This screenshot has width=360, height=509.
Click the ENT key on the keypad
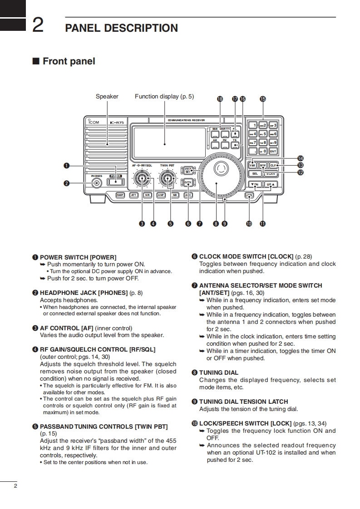click(x=273, y=151)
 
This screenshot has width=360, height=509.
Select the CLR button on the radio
click(x=273, y=165)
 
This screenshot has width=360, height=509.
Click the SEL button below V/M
click(x=255, y=173)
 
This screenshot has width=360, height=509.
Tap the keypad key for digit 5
click(x=263, y=134)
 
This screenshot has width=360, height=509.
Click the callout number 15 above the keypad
click(x=263, y=99)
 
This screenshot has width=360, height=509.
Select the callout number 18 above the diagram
click(x=220, y=99)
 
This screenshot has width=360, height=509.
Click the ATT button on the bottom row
click(x=134, y=195)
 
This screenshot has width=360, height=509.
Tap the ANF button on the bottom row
click(x=161, y=195)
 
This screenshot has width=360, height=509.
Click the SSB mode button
click(x=215, y=133)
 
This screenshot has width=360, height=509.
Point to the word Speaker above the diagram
click(x=107, y=96)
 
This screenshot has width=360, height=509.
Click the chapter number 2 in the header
click(x=38, y=25)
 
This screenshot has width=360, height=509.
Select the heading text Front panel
click(x=69, y=61)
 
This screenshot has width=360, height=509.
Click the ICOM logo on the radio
click(x=94, y=122)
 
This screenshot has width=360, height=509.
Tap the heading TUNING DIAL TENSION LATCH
click(x=243, y=401)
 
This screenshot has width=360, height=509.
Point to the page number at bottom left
click(x=15, y=486)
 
